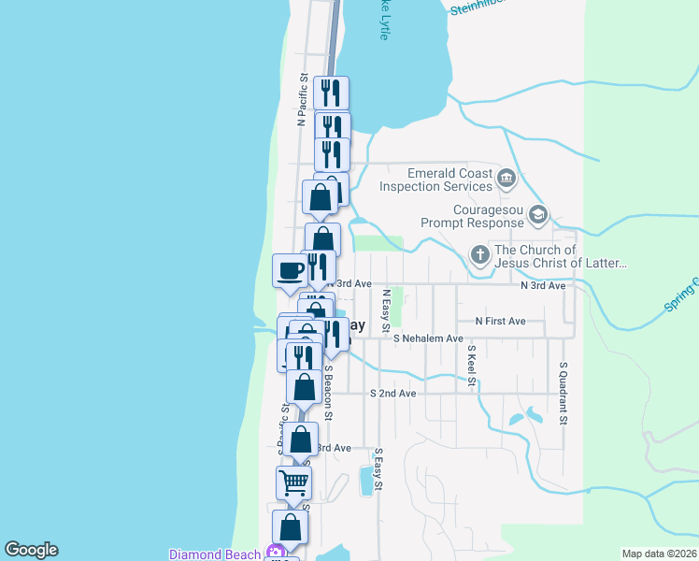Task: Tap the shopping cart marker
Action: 293,483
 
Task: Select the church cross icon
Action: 478,255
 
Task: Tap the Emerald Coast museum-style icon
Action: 506,178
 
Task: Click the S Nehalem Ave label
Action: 428,338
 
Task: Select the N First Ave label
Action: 500,321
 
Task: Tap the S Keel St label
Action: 472,366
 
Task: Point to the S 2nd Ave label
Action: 392,394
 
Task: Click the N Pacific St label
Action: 302,101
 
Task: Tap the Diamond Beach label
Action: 215,554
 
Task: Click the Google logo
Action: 31,550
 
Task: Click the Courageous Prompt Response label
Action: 471,217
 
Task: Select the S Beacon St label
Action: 329,391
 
